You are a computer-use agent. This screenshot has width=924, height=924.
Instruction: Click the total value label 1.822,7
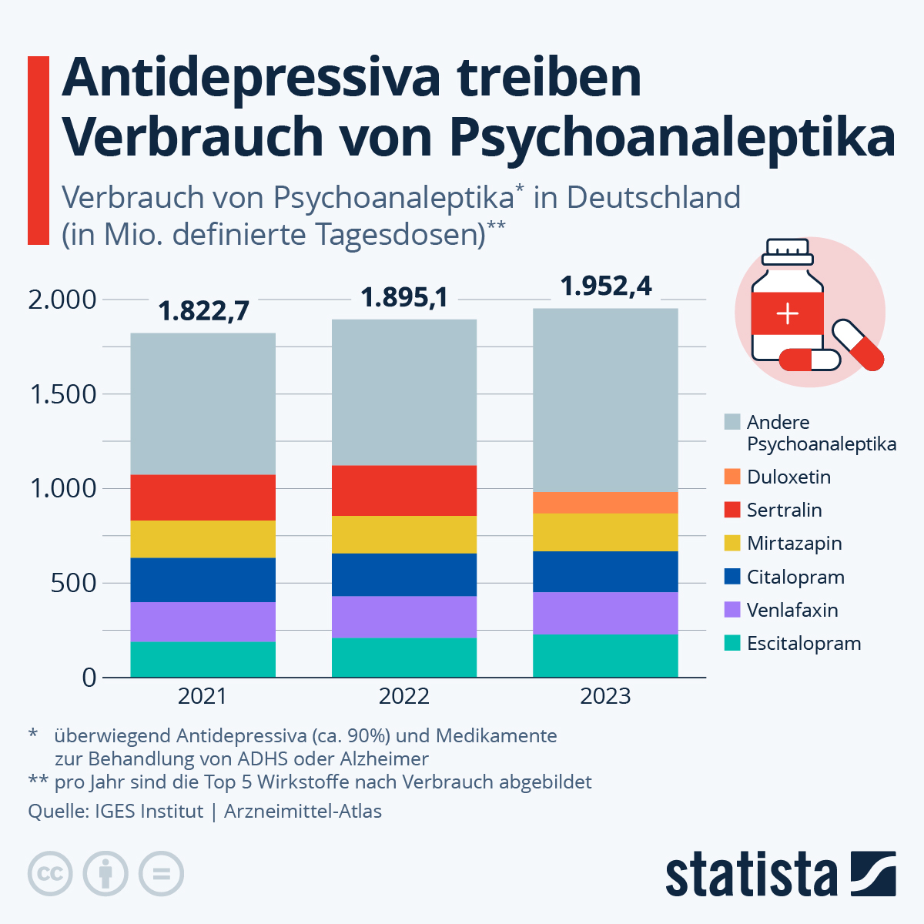pyautogui.click(x=203, y=310)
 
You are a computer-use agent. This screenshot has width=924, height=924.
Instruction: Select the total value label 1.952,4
pyautogui.click(x=606, y=286)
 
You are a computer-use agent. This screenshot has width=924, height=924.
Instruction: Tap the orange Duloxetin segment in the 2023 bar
pyautogui.click(x=605, y=502)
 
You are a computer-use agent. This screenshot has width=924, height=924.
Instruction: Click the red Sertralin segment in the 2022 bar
pyautogui.click(x=404, y=490)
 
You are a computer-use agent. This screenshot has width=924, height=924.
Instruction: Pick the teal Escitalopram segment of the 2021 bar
pyautogui.click(x=203, y=659)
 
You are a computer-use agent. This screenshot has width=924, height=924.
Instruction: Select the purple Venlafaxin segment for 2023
pyautogui.click(x=605, y=613)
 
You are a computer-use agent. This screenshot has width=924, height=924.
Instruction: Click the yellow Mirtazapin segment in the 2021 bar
pyautogui.click(x=203, y=539)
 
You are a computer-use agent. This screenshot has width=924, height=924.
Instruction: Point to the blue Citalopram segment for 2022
pyautogui.click(x=404, y=574)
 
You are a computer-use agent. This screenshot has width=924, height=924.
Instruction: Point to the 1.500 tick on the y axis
pyautogui.click(x=62, y=394)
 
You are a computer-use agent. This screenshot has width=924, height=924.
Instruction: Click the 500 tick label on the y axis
pyautogui.click(x=74, y=583)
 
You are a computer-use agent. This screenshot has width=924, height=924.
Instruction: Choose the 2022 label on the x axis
pyautogui.click(x=404, y=696)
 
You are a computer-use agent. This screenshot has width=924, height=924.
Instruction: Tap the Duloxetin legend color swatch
pyautogui.click(x=732, y=477)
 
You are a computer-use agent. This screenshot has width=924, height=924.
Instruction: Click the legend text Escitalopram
pyautogui.click(x=804, y=643)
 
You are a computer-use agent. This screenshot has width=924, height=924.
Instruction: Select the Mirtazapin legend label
pyautogui.click(x=794, y=543)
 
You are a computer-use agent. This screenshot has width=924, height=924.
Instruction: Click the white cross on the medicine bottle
pyautogui.click(x=787, y=314)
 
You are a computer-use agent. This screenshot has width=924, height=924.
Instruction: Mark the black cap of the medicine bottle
pyautogui.click(x=786, y=251)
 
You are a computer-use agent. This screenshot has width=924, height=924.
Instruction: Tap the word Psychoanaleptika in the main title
pyautogui.click(x=672, y=136)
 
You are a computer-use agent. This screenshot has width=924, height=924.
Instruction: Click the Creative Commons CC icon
pyautogui.click(x=50, y=874)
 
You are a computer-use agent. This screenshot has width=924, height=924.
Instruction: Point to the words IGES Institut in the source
pyautogui.click(x=149, y=811)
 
